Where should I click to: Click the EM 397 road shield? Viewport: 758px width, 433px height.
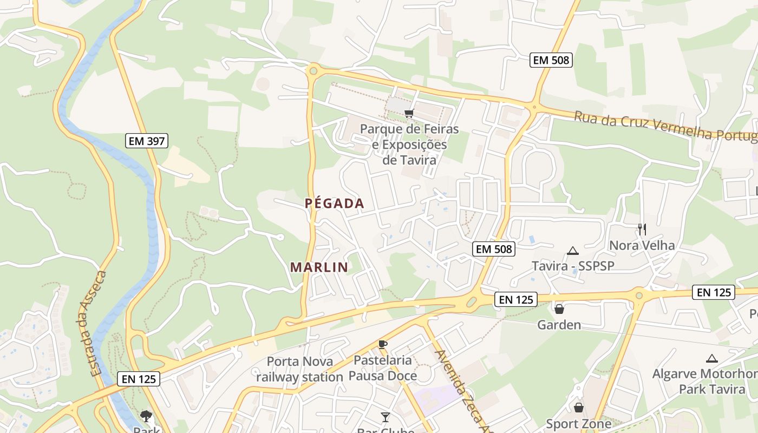147,141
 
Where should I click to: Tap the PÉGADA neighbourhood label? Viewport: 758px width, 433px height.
334,204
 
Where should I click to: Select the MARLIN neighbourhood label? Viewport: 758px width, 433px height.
319,267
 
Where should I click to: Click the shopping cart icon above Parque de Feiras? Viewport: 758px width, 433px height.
409,113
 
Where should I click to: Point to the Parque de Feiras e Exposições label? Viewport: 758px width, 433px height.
409,145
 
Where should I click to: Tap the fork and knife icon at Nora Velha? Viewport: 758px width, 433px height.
642,229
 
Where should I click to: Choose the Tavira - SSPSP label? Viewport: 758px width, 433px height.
572,266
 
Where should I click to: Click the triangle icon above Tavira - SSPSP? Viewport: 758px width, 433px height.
573,251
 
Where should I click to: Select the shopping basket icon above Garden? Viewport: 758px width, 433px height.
559,309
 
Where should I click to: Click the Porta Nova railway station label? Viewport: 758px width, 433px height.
299,369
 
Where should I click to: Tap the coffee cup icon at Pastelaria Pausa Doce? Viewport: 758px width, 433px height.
383,344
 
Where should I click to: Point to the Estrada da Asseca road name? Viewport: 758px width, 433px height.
98,324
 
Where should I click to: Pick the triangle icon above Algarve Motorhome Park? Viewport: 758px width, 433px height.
712,358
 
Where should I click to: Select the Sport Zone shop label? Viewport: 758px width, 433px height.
579,424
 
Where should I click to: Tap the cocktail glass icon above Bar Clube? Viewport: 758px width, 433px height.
385,417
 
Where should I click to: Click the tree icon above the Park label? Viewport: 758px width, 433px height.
146,416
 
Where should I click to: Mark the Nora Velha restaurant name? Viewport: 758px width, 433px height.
642,245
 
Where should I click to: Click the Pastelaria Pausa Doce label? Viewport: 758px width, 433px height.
383,368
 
